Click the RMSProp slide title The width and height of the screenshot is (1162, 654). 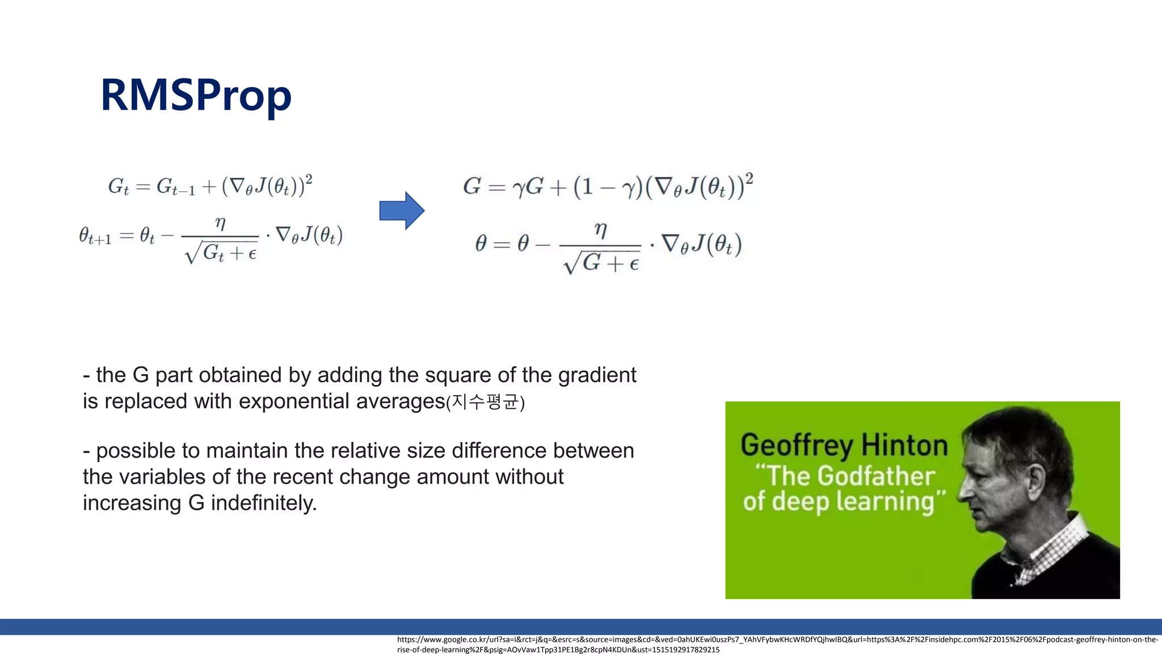pyautogui.click(x=196, y=95)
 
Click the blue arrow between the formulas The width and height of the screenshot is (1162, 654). pyautogui.click(x=402, y=211)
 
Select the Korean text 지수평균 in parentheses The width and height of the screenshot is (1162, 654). pyautogui.click(x=486, y=403)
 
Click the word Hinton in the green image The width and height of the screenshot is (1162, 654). pyautogui.click(x=904, y=445)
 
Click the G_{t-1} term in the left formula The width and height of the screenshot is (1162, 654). pyautogui.click(x=175, y=187)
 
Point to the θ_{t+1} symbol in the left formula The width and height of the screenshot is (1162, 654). pyautogui.click(x=95, y=236)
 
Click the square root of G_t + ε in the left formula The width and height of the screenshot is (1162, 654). pyautogui.click(x=221, y=253)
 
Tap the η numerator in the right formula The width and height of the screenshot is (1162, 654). pyautogui.click(x=600, y=230)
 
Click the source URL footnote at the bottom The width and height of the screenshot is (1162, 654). pyautogui.click(x=777, y=644)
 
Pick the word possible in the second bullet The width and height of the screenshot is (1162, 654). pyautogui.click(x=136, y=451)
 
